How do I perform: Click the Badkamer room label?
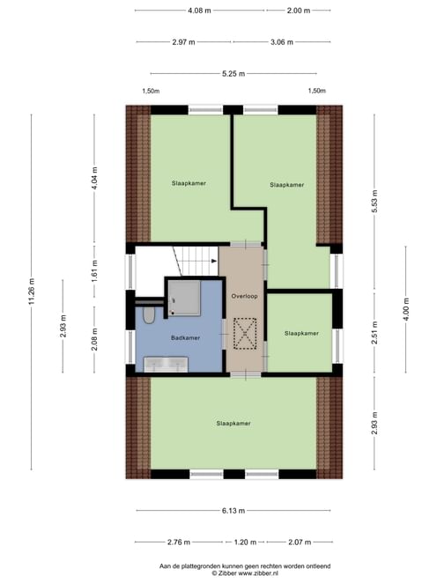click(x=185, y=338)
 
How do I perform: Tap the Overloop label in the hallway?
click(x=244, y=296)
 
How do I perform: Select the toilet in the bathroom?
click(x=149, y=315)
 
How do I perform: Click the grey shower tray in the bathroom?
click(x=184, y=299)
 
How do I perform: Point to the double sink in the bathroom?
click(x=166, y=365)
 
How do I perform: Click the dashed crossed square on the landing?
click(x=245, y=334)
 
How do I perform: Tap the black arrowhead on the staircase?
click(x=214, y=261)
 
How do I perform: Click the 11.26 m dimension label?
click(x=31, y=291)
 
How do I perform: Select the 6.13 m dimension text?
click(x=233, y=511)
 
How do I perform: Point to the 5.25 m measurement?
click(x=233, y=74)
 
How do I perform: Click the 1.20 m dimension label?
click(x=245, y=542)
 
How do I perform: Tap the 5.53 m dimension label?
click(x=374, y=201)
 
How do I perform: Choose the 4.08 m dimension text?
click(x=199, y=11)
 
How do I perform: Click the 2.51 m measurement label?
click(x=374, y=332)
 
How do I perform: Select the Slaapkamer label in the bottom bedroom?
click(x=233, y=424)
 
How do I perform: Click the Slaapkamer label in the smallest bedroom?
click(x=301, y=334)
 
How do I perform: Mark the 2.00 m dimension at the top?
click(x=299, y=11)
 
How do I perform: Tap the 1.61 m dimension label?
click(x=94, y=270)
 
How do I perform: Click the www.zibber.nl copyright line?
click(x=245, y=573)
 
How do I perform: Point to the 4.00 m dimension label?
click(x=406, y=309)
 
